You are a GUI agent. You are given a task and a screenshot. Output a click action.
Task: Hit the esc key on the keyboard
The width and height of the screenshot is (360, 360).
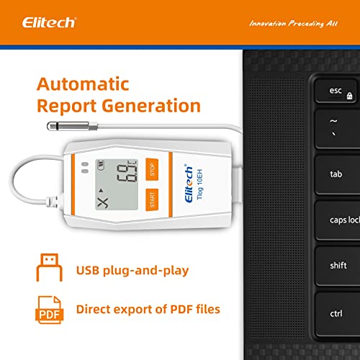(338, 92)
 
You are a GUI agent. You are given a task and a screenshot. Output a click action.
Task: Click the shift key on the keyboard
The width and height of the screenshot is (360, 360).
(338, 266)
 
